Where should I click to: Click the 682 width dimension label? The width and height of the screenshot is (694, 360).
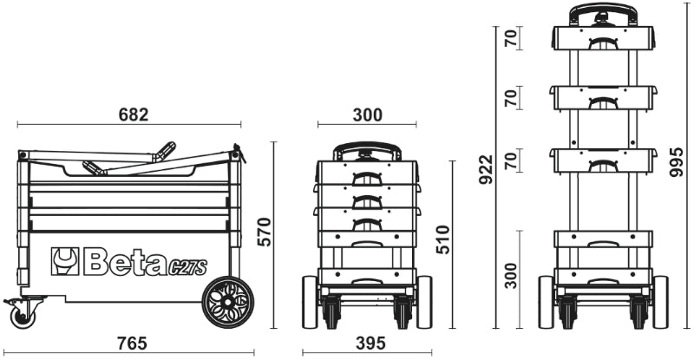(x=133, y=115)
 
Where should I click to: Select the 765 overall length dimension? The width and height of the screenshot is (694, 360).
(x=132, y=344)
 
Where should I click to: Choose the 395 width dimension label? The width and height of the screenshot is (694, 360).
(x=371, y=344)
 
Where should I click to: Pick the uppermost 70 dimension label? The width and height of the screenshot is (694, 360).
(x=512, y=38)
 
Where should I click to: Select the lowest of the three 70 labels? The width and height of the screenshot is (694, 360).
(x=512, y=160)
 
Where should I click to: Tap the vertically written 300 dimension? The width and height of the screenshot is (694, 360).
(x=512, y=276)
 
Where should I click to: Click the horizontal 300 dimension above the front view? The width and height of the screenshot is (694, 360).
(x=367, y=115)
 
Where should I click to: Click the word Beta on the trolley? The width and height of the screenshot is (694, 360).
(x=121, y=261)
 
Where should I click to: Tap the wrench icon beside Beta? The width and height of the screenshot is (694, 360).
(x=65, y=260)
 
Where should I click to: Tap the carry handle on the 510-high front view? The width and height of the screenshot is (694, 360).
(x=369, y=151)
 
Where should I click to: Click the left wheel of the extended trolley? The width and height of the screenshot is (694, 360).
(x=547, y=302)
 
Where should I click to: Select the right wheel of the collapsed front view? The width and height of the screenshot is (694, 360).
(x=424, y=302)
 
